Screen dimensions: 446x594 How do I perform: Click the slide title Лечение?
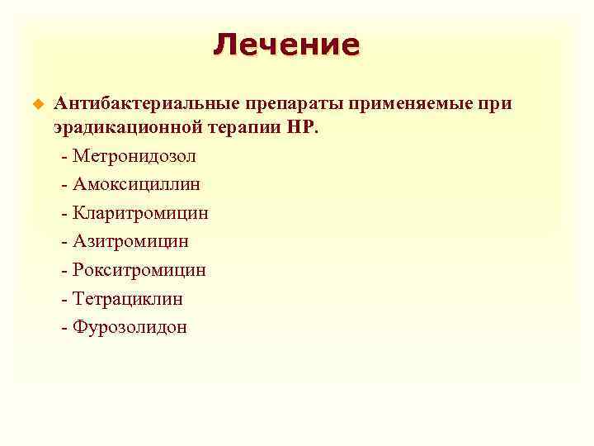click(286, 45)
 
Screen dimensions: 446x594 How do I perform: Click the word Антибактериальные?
click(145, 104)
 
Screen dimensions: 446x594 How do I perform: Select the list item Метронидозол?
click(134, 156)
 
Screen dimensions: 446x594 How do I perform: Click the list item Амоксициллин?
click(136, 185)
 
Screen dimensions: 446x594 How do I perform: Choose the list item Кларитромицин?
click(140, 213)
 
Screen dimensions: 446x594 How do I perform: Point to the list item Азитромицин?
click(130, 241)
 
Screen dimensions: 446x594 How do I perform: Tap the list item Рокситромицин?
click(139, 270)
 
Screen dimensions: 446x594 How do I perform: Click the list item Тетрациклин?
click(128, 298)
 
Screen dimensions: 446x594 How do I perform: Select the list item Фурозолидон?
click(130, 327)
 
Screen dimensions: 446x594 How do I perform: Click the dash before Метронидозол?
click(64, 156)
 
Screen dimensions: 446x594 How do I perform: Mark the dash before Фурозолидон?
click(64, 328)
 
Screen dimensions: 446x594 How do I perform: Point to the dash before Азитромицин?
click(64, 242)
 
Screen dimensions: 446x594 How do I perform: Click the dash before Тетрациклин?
click(64, 299)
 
